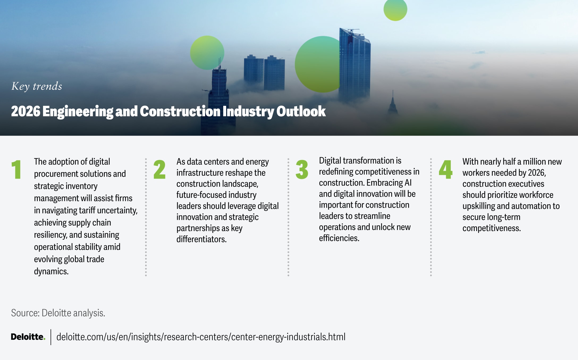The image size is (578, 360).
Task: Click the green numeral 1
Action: (16, 169)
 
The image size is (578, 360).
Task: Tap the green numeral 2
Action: (159, 169)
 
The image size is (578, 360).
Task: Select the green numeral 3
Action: (302, 169)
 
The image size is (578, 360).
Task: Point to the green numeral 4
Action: (446, 169)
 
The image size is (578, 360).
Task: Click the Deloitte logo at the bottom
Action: (28, 337)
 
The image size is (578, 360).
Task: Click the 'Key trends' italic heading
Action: (37, 86)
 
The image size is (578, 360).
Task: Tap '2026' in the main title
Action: (26, 111)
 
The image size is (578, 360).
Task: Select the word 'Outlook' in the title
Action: (301, 111)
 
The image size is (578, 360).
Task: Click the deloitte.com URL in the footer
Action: (201, 337)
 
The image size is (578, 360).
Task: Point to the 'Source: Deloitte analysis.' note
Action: (58, 313)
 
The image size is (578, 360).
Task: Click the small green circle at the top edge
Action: (395, 10)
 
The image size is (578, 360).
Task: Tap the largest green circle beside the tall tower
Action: (317, 64)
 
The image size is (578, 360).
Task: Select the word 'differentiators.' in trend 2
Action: (201, 239)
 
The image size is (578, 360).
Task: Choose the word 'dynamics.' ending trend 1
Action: (51, 271)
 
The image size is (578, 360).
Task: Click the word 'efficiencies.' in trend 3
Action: (339, 238)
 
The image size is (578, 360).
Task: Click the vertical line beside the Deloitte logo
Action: (51, 337)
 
